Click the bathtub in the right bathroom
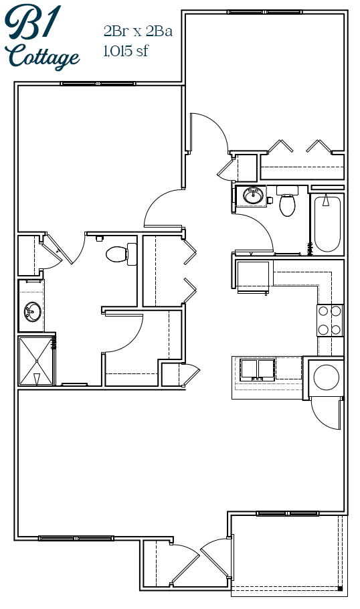coord(327,224)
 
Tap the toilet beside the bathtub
coord(287,201)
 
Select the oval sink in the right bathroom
coord(253,195)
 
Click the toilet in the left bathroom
coord(121,254)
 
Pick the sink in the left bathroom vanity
coord(33,311)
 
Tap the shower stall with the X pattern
coord(36,361)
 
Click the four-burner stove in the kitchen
coord(330,321)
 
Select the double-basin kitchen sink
coord(258,369)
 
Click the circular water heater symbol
coord(327,377)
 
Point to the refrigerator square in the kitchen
coord(252,276)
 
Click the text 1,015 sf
coord(125,51)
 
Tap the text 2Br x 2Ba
coord(138,31)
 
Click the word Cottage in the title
coord(43,57)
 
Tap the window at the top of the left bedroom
coord(98,84)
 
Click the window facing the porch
coord(287,513)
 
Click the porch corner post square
coord(340,588)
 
